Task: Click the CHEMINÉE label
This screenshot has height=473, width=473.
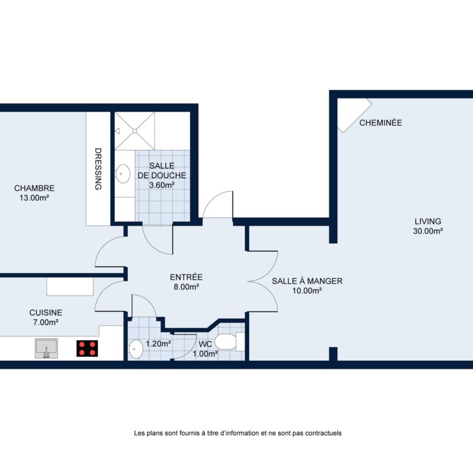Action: tap(381, 122)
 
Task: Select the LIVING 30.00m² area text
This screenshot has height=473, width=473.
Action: tap(428, 226)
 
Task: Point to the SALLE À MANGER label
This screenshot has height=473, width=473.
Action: tap(307, 281)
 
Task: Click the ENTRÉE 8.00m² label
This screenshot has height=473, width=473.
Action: tap(186, 282)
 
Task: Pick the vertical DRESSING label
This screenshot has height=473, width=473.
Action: tap(98, 169)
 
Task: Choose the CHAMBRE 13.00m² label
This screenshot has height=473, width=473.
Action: tap(35, 193)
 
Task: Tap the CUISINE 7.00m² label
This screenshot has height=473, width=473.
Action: tap(45, 317)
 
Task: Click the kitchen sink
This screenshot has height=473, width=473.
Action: tap(46, 348)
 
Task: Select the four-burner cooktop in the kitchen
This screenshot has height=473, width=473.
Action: tap(87, 349)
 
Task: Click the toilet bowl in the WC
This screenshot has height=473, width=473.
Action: tap(226, 341)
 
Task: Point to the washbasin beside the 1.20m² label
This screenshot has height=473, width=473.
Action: tap(136, 349)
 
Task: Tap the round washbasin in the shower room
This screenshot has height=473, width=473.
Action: tap(123, 174)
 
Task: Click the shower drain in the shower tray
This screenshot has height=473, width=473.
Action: tap(135, 131)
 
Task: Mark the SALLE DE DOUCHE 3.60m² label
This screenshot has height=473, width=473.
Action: tap(162, 175)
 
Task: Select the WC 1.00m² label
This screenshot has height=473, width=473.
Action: tap(206, 349)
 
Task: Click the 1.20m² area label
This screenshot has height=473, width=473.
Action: tap(159, 344)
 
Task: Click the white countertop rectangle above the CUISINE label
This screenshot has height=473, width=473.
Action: tap(70, 287)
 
